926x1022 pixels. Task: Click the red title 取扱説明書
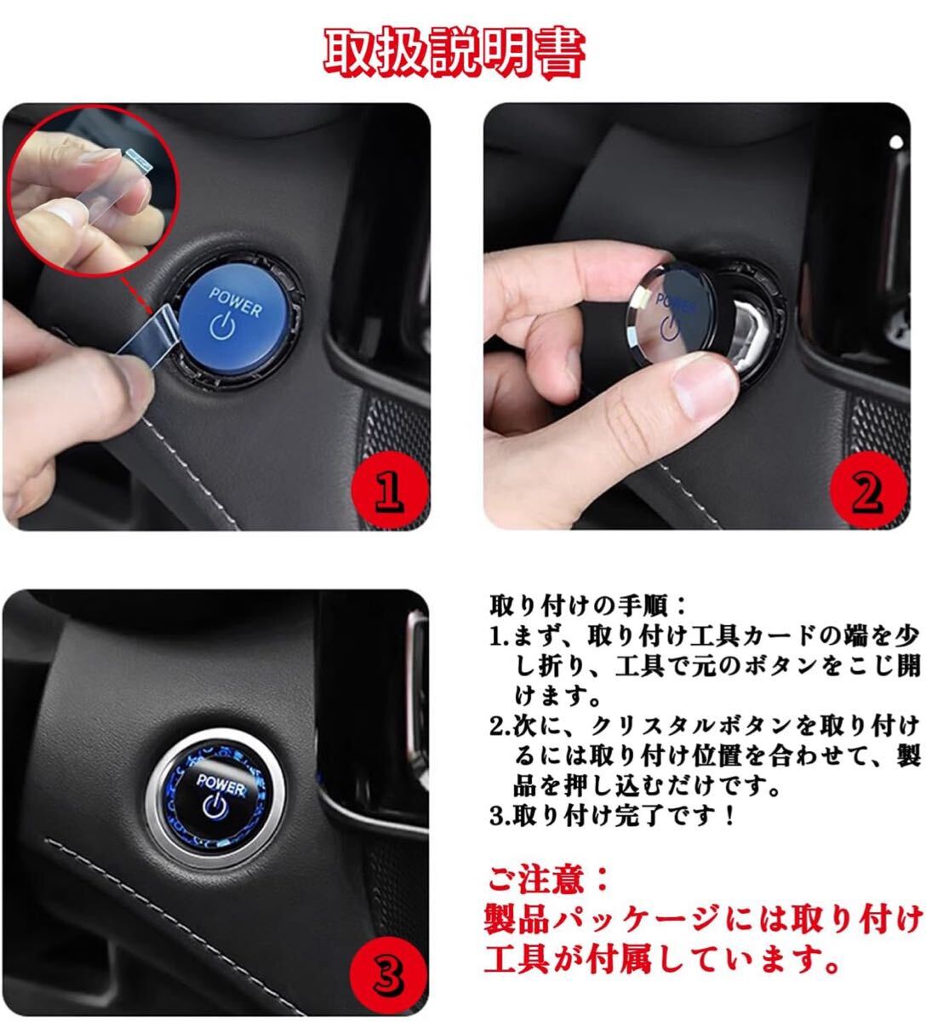tap(454, 53)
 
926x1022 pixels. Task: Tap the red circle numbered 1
tap(389, 490)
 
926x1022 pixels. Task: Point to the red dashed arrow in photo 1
tap(136, 295)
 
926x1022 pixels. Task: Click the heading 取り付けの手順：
tap(588, 606)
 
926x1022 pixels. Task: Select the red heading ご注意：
tap(547, 880)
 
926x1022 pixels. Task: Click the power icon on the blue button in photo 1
tap(223, 326)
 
